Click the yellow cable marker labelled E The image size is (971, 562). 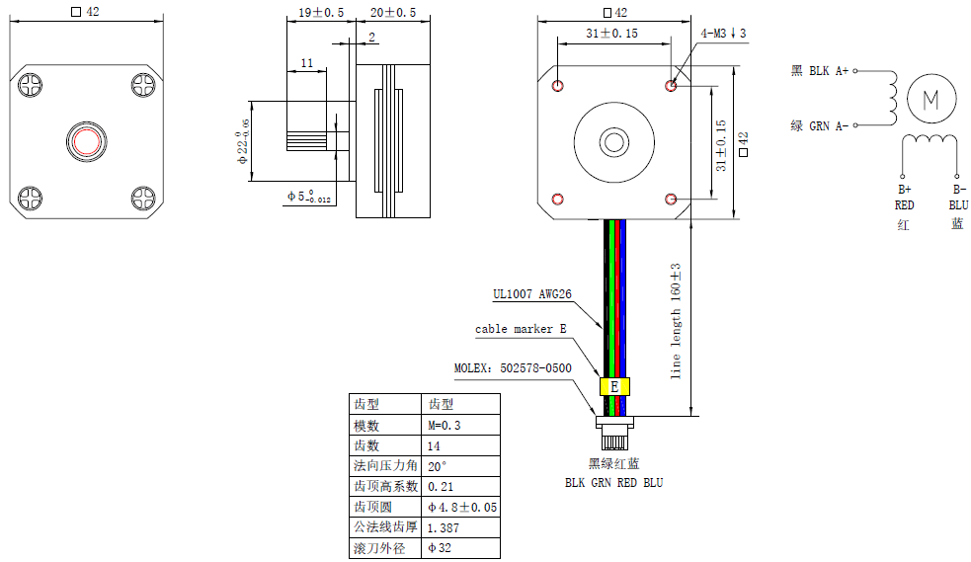(x=613, y=386)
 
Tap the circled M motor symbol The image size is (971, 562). (x=931, y=99)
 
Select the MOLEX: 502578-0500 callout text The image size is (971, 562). (x=513, y=368)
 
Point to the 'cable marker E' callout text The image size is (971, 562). (x=521, y=329)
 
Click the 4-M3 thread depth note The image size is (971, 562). (x=723, y=34)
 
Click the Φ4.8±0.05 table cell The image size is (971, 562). (x=461, y=507)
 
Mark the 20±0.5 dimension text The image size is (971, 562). (x=392, y=13)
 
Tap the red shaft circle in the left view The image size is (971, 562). (x=85, y=140)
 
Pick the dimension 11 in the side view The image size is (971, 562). (x=306, y=63)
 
